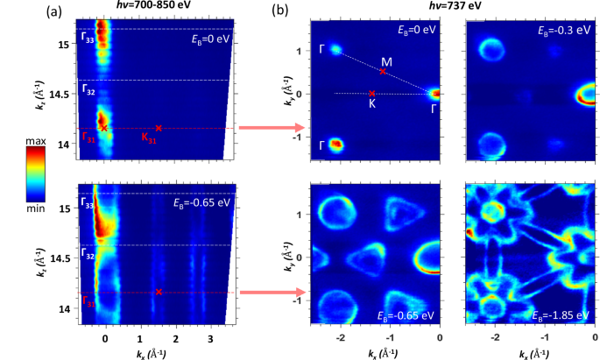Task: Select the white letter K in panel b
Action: click(x=372, y=103)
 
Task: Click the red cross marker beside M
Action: click(x=383, y=72)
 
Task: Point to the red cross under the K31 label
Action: click(x=158, y=129)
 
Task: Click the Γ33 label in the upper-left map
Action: click(x=88, y=37)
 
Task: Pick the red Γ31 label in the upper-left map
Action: click(x=88, y=137)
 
